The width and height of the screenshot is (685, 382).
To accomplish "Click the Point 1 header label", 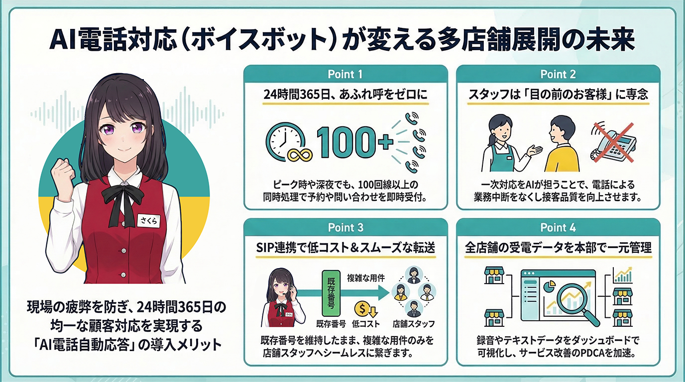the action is pos(345,74).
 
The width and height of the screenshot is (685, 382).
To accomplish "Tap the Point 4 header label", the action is pos(558,227).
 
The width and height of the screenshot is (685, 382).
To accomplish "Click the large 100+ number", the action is pos(353,142).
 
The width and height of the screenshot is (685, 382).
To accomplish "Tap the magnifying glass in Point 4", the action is pos(572,300).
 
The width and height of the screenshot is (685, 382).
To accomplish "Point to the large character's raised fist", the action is pos(64,171).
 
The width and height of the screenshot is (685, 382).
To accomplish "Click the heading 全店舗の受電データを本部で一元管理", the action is pos(558,247).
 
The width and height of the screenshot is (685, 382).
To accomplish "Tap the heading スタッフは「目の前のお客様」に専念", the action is pos(558,94).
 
